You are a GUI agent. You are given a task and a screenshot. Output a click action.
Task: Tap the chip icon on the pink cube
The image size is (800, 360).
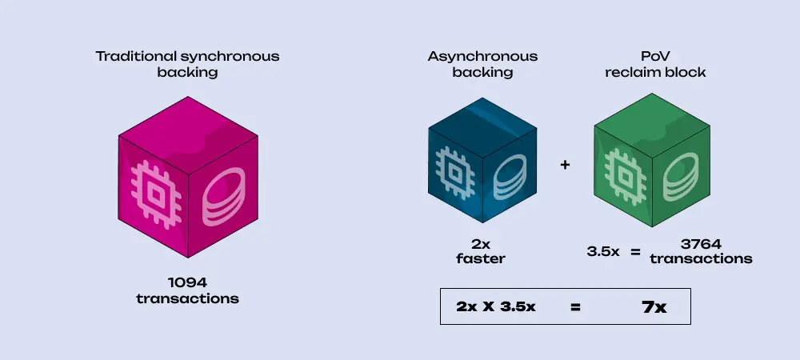153,191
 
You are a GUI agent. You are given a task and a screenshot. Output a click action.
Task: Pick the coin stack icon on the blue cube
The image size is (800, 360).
508,175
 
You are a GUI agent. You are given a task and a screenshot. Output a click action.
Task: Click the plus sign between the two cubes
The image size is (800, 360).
566,165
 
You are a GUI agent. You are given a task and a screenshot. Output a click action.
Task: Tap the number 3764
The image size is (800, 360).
701,245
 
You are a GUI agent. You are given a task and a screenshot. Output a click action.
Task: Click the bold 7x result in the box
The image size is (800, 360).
654,307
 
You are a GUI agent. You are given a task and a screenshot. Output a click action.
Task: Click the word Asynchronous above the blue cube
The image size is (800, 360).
482,57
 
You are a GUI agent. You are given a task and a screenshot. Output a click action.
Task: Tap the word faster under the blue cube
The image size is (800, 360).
480,258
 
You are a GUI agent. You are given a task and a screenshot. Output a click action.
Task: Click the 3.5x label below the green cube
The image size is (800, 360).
604,252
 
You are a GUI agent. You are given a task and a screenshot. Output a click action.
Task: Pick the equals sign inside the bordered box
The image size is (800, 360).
575,307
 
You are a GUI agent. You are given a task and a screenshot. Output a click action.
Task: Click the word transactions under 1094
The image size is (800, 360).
187,298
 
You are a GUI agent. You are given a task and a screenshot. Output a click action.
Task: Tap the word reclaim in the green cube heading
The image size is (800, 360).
630,71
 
